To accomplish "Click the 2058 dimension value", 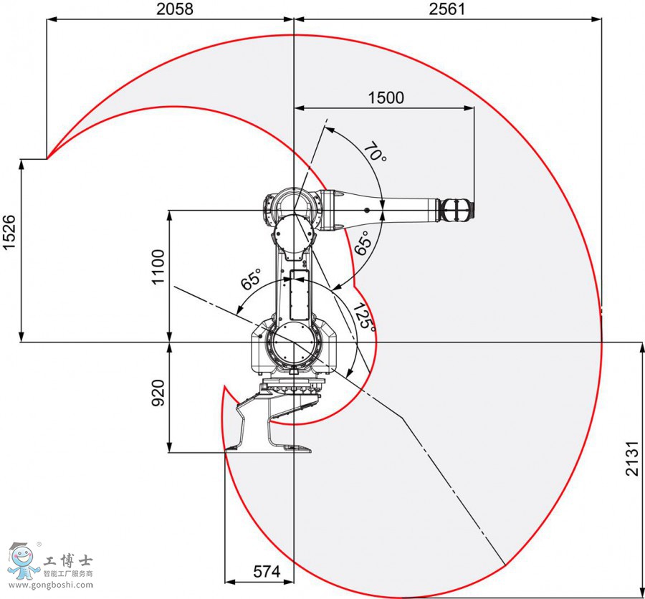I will pos(175,9).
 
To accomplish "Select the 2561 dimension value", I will pos(447,9).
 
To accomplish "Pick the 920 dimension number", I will pos(158,394).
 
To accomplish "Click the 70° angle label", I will pos(374,153).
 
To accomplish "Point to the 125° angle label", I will pos(363,315).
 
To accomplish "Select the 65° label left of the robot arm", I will pos(251,279).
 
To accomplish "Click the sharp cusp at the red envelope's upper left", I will pos(48,158).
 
